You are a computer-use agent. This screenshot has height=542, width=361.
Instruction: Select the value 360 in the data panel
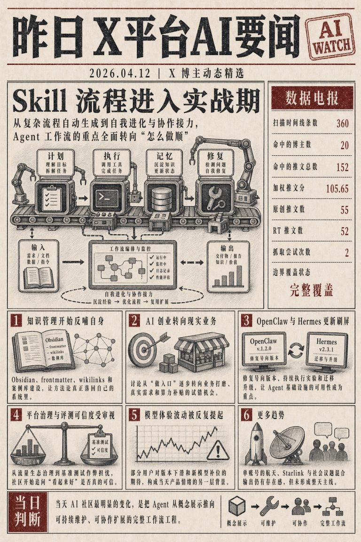(x=342, y=123)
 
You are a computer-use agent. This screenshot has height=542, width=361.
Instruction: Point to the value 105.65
(x=337, y=189)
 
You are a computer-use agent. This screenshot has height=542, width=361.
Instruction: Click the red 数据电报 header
(x=312, y=98)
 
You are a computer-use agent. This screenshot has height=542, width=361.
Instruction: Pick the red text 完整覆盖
(x=311, y=290)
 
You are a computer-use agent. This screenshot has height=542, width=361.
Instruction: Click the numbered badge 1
(x=16, y=321)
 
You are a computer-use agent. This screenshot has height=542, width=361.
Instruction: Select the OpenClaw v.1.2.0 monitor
(x=263, y=351)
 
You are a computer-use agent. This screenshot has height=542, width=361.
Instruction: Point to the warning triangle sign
(x=218, y=450)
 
